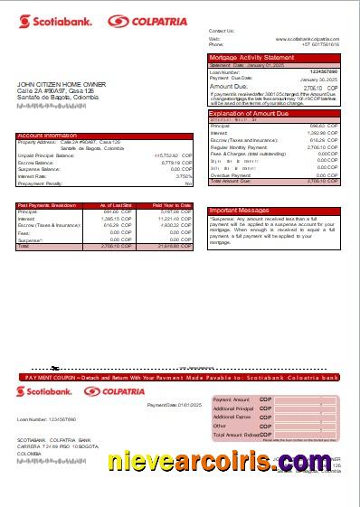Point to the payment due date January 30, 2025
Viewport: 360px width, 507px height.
(321, 79)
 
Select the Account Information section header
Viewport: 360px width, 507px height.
(45, 136)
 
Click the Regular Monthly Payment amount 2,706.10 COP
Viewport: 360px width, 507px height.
(322, 146)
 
